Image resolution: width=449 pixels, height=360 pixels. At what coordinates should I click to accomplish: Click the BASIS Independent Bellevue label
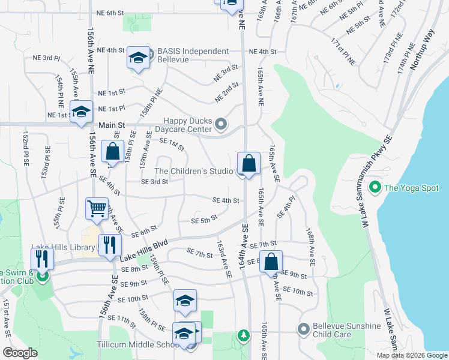[193, 55]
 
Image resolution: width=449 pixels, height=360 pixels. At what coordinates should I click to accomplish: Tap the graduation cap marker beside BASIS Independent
[138, 58]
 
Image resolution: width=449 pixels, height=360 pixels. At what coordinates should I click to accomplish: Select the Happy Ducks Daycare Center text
[188, 125]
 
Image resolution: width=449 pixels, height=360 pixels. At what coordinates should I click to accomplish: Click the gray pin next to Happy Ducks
[221, 125]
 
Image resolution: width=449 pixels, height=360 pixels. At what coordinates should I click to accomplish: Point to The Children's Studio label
[194, 172]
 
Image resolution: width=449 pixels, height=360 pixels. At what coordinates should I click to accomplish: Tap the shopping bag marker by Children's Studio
[249, 163]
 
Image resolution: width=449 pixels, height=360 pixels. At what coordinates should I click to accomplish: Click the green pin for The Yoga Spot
[375, 188]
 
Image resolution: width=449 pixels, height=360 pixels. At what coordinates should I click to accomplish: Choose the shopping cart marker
[97, 209]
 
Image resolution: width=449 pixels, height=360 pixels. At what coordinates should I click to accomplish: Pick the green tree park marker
[243, 335]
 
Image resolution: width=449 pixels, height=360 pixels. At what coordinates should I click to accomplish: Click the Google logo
[20, 353]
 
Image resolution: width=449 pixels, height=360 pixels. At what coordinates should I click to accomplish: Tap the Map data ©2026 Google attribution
[411, 355]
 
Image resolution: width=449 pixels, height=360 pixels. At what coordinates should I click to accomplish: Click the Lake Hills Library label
[63, 247]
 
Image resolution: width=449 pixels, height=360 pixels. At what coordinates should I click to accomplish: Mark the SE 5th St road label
[203, 220]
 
